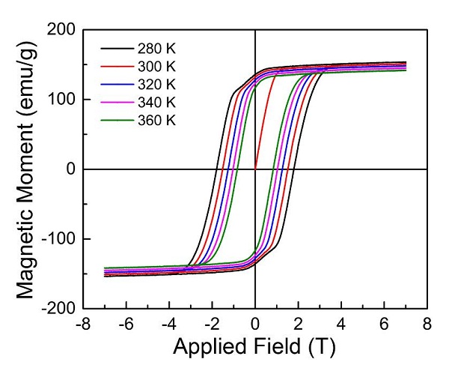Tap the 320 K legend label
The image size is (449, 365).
pyautogui.click(x=156, y=85)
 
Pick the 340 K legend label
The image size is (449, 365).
pyautogui.click(x=156, y=102)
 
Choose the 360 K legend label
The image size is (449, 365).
pyautogui.click(x=156, y=119)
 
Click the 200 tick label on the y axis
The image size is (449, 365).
pyautogui.click(x=64, y=31)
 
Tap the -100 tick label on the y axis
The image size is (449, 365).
pyautogui.click(x=61, y=239)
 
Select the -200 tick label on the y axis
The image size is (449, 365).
pyautogui.click(x=61, y=308)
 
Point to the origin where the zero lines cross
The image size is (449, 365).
pyautogui.click(x=255, y=169)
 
